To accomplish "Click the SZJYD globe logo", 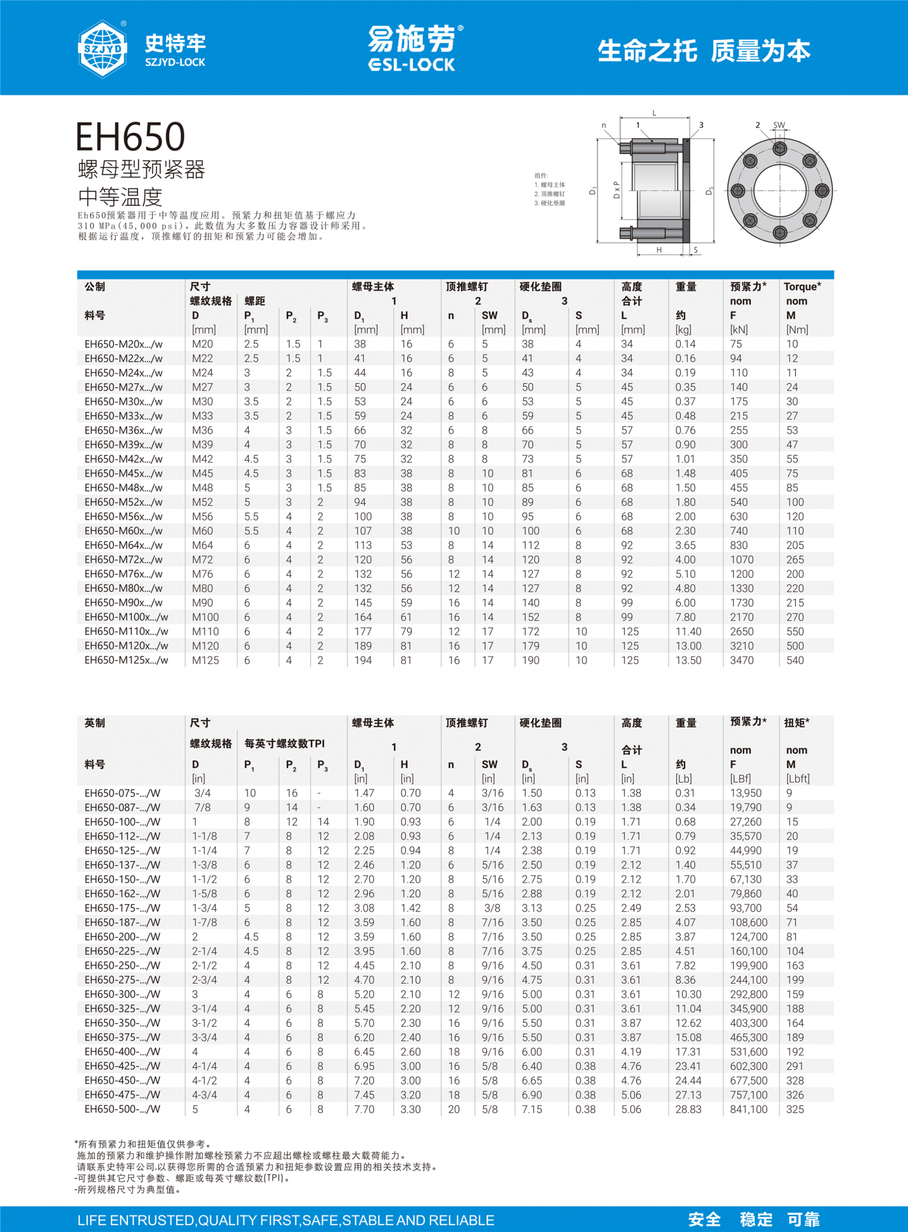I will tap(102, 49).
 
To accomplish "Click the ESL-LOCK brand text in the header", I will tap(411, 65).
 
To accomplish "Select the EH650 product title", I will tap(130, 137).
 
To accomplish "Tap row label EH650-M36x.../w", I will tap(123, 431).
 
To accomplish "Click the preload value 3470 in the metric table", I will tap(742, 660).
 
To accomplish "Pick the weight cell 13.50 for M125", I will tap(688, 660).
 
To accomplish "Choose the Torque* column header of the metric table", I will tap(802, 287).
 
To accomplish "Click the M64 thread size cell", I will tap(202, 545).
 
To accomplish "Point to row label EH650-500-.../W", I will tap(122, 1109).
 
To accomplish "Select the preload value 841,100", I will tap(748, 1109).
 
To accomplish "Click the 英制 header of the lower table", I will tap(95, 723).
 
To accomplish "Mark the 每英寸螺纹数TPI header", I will tap(284, 744).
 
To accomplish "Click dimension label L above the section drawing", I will tap(654, 113).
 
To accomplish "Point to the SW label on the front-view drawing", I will tap(779, 125).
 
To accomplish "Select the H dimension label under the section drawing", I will tap(659, 250).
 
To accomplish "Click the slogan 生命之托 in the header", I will tap(647, 51).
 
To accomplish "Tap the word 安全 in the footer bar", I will tap(704, 1220).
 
